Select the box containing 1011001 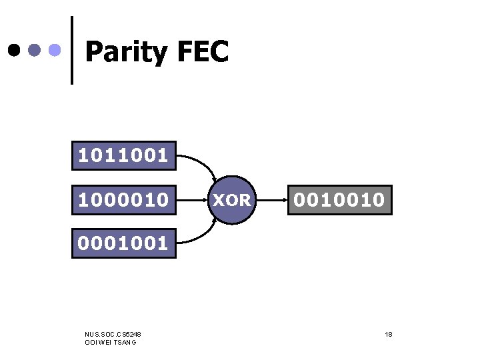[124, 156]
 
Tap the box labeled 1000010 [124, 199]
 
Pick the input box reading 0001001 [124, 243]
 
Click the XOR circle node [231, 199]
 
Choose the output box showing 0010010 [340, 199]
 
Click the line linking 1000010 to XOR [192, 199]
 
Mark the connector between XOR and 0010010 [271, 199]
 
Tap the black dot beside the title [13, 50]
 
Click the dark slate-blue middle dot [35, 50]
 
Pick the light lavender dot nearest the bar [57, 50]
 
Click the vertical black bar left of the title [72, 50]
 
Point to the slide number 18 [388, 333]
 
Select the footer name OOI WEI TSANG [111, 342]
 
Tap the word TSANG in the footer [125, 342]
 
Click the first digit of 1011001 [83, 156]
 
